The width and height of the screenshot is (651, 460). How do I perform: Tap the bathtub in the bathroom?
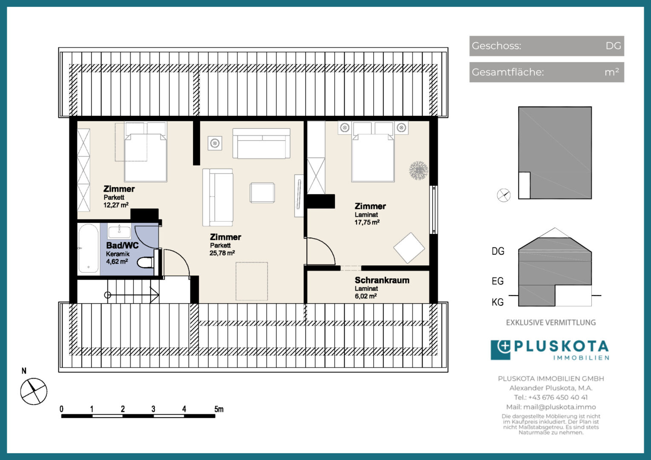click(x=88, y=248)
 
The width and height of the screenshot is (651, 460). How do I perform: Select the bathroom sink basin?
click(x=119, y=232)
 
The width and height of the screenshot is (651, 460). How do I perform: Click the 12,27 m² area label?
click(x=116, y=205)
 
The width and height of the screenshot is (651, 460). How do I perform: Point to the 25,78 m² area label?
click(x=222, y=253)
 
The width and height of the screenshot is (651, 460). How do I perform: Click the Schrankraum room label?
click(x=382, y=280)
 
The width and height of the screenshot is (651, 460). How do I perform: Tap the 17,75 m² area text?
click(x=367, y=222)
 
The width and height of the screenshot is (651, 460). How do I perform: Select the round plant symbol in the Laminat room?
click(x=418, y=170)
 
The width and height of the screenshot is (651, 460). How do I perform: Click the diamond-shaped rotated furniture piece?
click(x=409, y=248)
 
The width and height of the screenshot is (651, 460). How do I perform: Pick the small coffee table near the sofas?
click(x=262, y=193)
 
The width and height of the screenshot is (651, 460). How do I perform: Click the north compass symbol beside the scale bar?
click(x=34, y=391)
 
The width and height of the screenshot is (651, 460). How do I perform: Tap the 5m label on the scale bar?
click(x=219, y=409)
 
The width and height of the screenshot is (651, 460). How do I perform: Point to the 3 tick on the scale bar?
click(x=153, y=409)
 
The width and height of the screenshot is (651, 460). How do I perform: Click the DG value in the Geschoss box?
click(x=613, y=46)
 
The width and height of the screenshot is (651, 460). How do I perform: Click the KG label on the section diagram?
click(x=498, y=302)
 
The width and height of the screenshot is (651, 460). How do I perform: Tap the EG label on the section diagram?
click(x=498, y=281)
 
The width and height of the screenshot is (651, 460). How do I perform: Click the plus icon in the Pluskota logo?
click(x=504, y=347)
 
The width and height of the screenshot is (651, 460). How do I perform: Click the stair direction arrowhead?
click(x=155, y=295)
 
